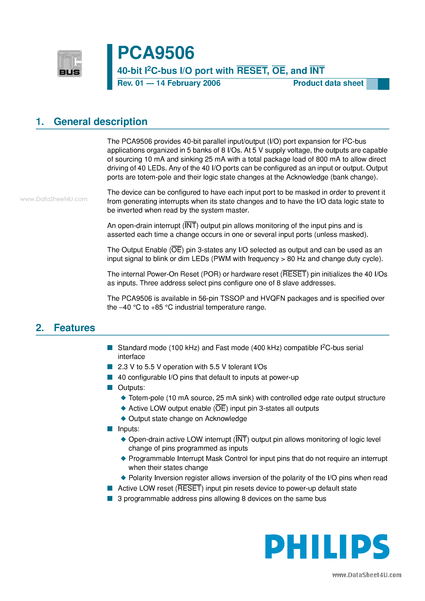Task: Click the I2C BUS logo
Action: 70,64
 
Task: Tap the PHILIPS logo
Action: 327,547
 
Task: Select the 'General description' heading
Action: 100,122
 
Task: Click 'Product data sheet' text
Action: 328,83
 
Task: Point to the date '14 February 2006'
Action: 188,83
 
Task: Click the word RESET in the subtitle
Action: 252,71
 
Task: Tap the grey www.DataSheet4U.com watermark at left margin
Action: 54,199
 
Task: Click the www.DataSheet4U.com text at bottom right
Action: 367,575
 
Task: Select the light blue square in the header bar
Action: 372,84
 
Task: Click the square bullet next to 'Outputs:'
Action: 110,387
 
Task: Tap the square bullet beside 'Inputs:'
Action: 110,429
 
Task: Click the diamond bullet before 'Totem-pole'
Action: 123,398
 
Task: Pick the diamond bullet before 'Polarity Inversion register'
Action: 123,478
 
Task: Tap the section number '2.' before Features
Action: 40,328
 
